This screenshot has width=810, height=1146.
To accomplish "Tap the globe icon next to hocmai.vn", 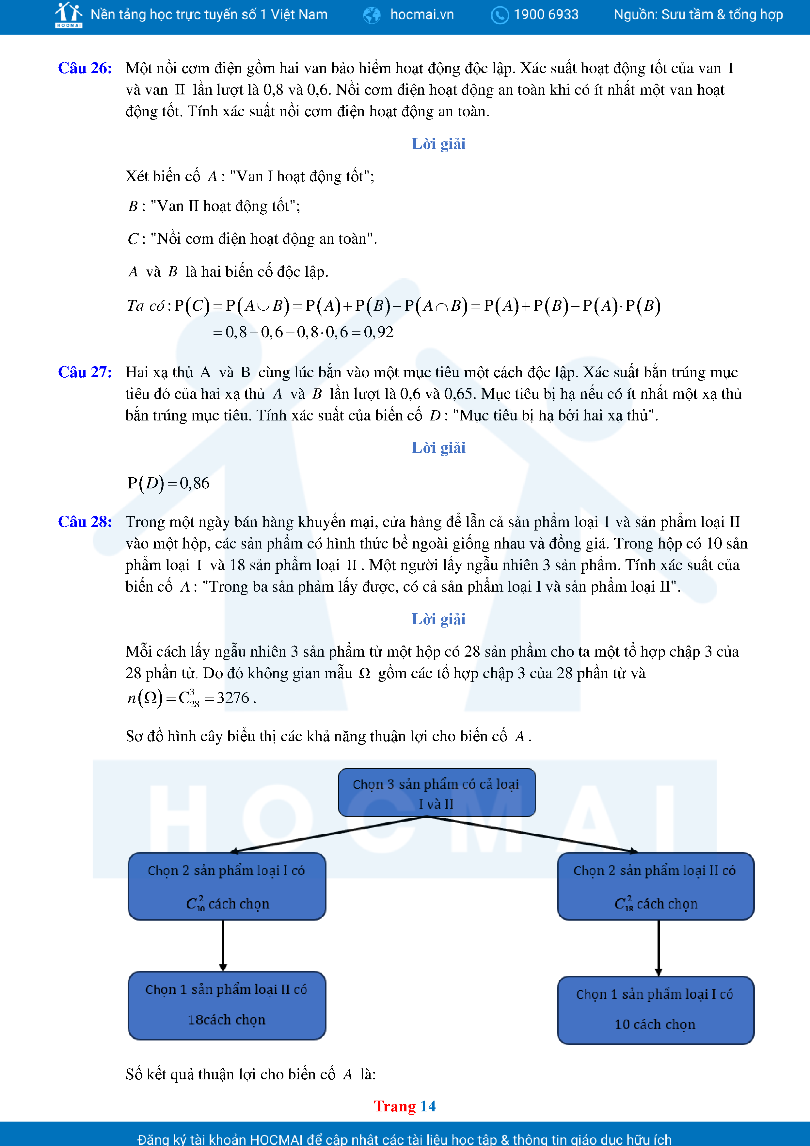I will (x=372, y=15).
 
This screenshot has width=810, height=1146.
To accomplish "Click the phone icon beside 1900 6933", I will (x=499, y=15).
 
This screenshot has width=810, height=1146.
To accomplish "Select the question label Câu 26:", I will (x=85, y=68).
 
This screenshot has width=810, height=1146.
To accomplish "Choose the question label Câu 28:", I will (x=85, y=522).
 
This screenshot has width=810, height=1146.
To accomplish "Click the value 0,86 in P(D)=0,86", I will (x=195, y=483).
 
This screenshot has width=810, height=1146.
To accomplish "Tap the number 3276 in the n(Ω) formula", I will (x=233, y=698).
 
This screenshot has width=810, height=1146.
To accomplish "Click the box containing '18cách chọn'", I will (x=227, y=1005).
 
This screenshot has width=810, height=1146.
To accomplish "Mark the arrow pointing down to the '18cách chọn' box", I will (x=223, y=945).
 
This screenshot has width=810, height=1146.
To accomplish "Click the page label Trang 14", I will (x=405, y=1106).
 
